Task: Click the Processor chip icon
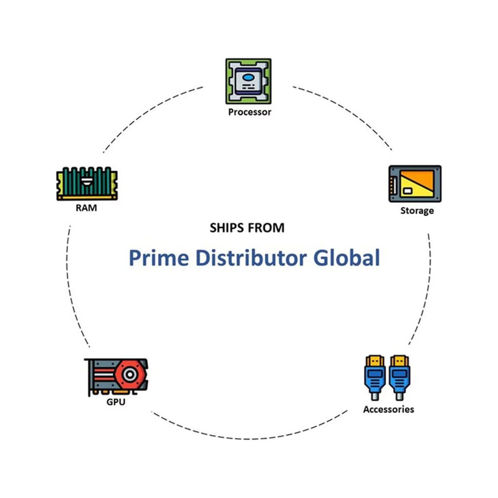(x=248, y=81)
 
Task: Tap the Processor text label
(x=249, y=112)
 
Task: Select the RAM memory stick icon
(x=87, y=183)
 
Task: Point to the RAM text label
(x=86, y=208)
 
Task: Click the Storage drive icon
(x=415, y=183)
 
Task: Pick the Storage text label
(x=417, y=211)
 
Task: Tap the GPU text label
(x=116, y=402)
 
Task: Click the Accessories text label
(x=389, y=409)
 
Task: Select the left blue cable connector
(x=375, y=376)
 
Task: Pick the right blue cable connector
(x=399, y=376)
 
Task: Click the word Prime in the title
(x=158, y=258)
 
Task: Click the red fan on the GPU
(x=129, y=375)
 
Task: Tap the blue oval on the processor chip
(x=248, y=77)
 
